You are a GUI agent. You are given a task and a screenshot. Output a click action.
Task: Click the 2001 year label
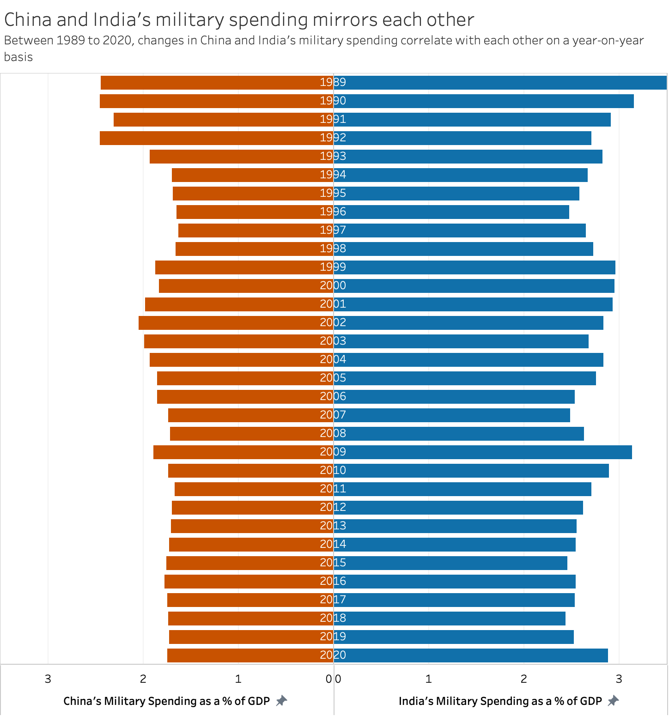333,304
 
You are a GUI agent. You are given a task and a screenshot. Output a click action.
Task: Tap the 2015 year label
333,563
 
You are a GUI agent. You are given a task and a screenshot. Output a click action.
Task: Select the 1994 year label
333,175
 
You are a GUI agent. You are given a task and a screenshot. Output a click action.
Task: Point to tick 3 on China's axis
48,679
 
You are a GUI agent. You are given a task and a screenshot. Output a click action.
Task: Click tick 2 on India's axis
523,679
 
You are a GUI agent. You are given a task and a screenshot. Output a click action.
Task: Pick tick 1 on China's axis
238,679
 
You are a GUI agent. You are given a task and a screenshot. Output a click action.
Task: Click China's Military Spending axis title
166,701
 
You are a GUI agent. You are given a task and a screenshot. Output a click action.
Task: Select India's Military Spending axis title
500,701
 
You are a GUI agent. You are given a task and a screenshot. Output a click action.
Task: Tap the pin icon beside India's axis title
613,701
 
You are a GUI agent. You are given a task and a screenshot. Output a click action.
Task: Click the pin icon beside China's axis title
281,701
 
